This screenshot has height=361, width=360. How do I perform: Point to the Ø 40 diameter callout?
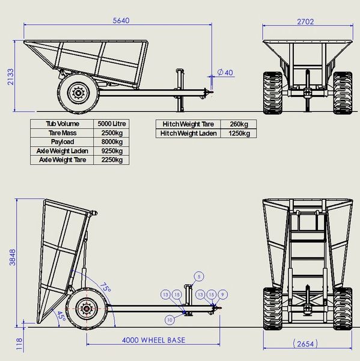pyautogui.click(x=225, y=72)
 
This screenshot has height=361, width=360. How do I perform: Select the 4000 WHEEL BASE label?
pyautogui.click(x=153, y=340)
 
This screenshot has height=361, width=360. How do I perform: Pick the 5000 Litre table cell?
pyautogui.click(x=111, y=123)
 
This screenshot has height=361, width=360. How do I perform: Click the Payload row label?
pyautogui.click(x=63, y=141)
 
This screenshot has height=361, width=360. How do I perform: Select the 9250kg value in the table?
pyautogui.click(x=111, y=150)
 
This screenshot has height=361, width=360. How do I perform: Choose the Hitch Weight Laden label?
pyautogui.click(x=189, y=133)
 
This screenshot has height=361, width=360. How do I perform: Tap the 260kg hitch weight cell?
pyautogui.click(x=231, y=124)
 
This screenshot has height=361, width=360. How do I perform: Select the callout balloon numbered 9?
pyautogui.click(x=222, y=294)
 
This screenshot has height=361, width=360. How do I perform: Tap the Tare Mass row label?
pyautogui.click(x=63, y=132)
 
